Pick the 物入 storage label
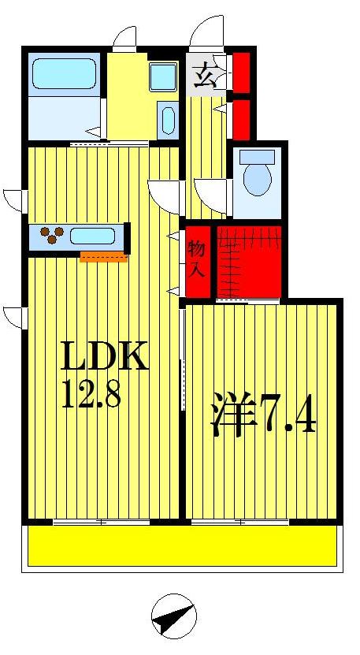pyautogui.click(x=197, y=259)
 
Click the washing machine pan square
pyautogui.click(x=163, y=76)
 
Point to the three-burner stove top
pyautogui.click(x=52, y=234)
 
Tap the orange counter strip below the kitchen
pyautogui.click(x=103, y=255)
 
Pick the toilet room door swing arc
pyautogui.click(x=209, y=191)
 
